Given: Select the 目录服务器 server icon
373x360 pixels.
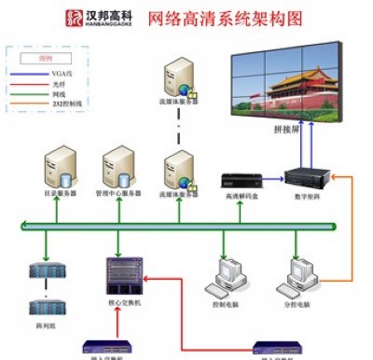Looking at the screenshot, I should click(60, 166).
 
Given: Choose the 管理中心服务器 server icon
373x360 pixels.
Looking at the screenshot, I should click(117, 166).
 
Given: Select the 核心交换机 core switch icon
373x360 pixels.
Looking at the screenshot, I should click(120, 274).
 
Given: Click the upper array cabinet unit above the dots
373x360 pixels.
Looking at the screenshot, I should click(45, 272).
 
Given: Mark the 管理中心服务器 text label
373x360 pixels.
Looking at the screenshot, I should click(118, 194).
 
